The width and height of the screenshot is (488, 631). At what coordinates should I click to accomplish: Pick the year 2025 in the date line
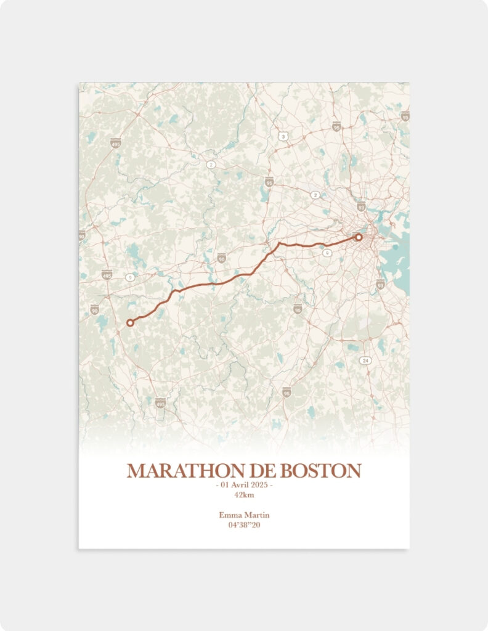[259, 486]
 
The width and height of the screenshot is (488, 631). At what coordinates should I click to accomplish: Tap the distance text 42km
[244, 495]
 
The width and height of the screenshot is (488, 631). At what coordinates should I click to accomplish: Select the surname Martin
[258, 515]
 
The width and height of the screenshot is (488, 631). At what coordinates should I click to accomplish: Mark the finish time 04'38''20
[244, 525]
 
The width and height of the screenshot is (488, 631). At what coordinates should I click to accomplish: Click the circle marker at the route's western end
[130, 322]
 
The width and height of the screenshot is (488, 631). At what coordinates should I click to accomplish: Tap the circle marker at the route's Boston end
[359, 237]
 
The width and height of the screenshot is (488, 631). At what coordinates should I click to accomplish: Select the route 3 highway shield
[283, 136]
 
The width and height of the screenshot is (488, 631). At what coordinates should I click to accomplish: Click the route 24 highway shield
[365, 360]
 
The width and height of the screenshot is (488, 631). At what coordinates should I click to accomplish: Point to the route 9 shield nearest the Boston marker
[327, 253]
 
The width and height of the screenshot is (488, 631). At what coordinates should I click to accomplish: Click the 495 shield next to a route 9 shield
[107, 274]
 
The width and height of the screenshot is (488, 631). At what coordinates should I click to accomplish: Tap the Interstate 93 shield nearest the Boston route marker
[361, 206]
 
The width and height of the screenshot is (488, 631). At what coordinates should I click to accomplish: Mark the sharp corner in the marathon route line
[279, 243]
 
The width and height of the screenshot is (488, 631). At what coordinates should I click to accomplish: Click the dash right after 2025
[271, 486]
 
